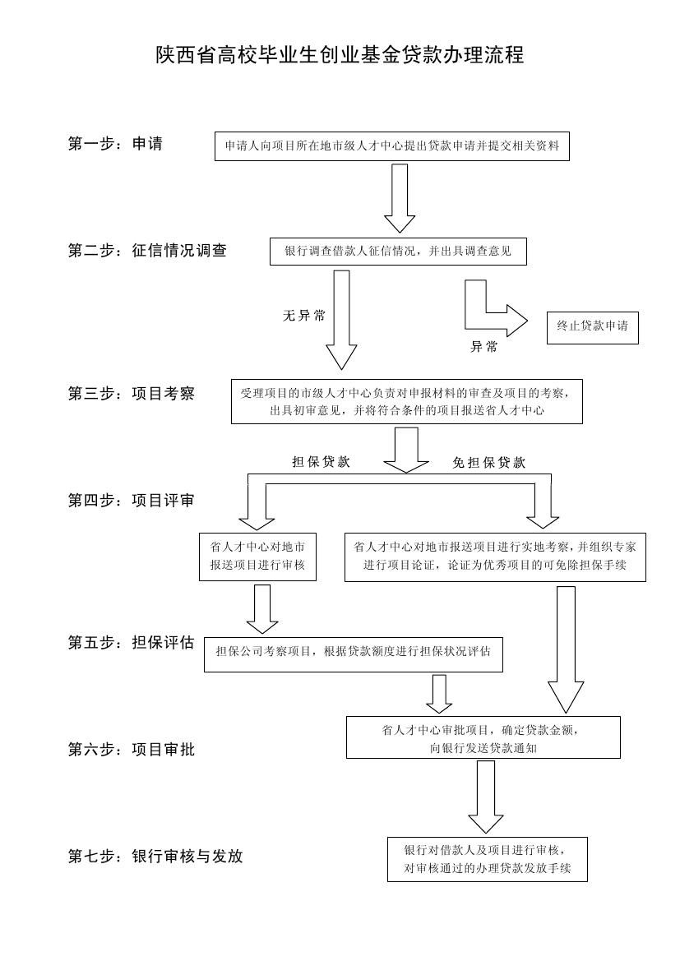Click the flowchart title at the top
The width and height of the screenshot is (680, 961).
339,54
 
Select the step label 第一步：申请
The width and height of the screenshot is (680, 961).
115,144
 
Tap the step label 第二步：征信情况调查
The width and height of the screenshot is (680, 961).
147,250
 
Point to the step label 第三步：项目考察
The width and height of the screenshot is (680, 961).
132,394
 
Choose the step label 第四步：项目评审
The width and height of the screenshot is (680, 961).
132,501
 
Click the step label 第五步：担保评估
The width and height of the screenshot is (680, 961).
132,642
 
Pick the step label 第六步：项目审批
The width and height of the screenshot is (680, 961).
132,749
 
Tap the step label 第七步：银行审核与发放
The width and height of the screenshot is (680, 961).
155,856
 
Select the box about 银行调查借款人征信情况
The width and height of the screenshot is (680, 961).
398,252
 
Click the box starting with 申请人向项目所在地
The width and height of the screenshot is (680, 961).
392,146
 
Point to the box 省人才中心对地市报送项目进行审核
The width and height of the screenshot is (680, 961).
257,557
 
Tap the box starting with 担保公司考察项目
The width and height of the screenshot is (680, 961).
354,653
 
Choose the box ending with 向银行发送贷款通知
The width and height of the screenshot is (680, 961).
483,737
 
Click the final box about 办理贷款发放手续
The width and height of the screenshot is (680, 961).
488,859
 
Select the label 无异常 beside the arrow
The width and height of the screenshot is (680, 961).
304,316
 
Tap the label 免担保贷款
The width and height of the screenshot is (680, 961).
488,463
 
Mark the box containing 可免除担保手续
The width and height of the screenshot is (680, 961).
496,557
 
